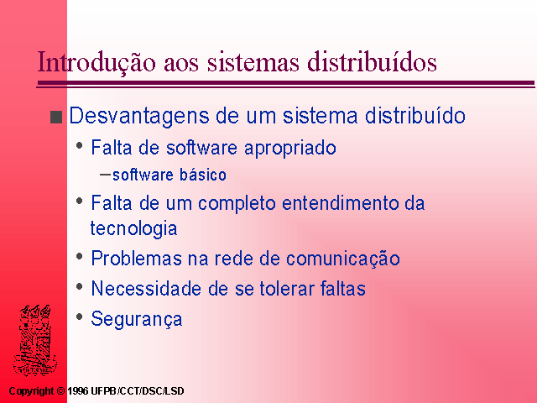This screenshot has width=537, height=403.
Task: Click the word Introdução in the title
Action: tap(96, 63)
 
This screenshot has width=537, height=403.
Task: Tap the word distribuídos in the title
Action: tap(372, 61)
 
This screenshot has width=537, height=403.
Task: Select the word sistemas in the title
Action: tap(253, 62)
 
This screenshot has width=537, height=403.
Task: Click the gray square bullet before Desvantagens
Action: tap(56, 117)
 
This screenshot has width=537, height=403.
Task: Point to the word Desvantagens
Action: tap(139, 117)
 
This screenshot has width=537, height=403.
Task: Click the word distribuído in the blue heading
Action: tap(415, 115)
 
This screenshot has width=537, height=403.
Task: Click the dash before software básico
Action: tap(105, 175)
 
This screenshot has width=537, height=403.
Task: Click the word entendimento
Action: tap(341, 203)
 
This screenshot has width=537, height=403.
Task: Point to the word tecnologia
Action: tap(133, 229)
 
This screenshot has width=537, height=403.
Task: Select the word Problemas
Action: tap(136, 259)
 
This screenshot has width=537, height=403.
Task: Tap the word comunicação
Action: tap(343, 259)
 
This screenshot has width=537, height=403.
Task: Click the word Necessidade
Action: tap(146, 288)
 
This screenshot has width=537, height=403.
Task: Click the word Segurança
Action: tap(137, 319)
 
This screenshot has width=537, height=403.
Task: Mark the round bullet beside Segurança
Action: tap(80, 317)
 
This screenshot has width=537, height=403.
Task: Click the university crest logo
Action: tap(34, 339)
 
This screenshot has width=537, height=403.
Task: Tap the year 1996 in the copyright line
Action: tap(78, 391)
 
